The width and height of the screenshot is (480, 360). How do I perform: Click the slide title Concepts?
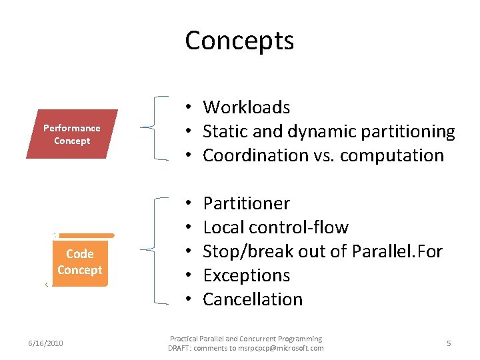239,41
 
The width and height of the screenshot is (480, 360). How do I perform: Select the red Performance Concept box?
72,134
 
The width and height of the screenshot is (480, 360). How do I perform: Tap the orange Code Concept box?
79,262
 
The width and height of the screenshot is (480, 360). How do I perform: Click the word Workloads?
247,107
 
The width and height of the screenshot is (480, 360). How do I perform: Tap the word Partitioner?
247,203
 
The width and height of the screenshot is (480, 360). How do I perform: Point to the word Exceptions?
247,275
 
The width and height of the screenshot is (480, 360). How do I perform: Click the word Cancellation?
253,299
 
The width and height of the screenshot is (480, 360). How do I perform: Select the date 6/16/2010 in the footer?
46,343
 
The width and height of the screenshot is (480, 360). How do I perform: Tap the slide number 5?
449,343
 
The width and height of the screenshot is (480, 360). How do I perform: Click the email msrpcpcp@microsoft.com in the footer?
283,348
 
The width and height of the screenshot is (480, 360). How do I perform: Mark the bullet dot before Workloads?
190,107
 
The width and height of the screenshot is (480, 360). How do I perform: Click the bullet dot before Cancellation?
190,299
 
